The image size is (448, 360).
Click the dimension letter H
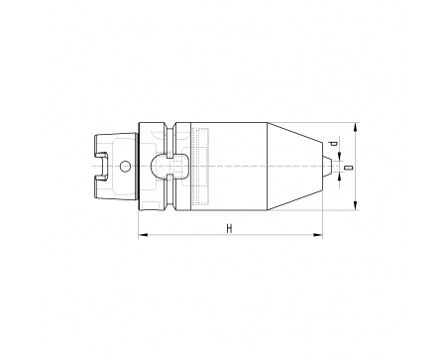click(x=229, y=228)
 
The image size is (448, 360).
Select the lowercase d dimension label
click(x=334, y=143)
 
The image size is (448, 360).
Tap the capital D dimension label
click(x=348, y=168)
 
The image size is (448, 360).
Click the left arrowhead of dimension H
click(x=143, y=235)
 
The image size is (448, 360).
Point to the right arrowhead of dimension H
click(x=318, y=235)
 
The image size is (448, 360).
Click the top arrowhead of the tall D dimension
click(x=355, y=127)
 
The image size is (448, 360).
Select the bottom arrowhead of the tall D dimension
click(x=355, y=205)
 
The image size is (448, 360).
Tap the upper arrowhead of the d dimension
click(x=340, y=156)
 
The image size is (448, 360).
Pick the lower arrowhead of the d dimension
click(x=340, y=177)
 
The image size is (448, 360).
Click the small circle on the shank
click(x=125, y=167)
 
